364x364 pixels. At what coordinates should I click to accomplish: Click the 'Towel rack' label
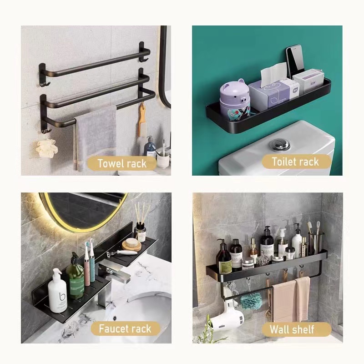[122, 163]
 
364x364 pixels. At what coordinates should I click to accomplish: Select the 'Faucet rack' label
[126, 329]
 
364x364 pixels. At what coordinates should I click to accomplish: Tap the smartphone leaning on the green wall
[295, 62]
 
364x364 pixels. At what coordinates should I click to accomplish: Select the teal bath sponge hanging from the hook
[251, 301]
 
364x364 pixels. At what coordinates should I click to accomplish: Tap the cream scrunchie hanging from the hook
[47, 148]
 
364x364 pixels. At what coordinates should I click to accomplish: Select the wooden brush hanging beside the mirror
[142, 121]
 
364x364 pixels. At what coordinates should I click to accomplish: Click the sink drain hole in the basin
[115, 318]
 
